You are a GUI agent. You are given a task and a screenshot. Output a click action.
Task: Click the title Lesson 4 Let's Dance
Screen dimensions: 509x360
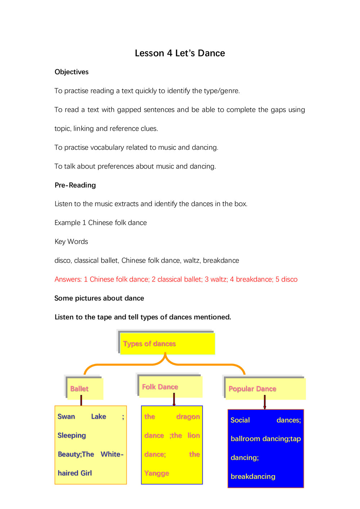click(x=180, y=53)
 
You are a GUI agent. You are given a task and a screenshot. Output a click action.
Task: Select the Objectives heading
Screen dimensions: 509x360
click(x=71, y=72)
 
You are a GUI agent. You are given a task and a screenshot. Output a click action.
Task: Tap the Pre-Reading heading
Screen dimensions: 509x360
click(x=75, y=185)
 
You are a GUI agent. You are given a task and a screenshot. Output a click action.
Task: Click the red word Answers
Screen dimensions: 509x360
click(x=68, y=279)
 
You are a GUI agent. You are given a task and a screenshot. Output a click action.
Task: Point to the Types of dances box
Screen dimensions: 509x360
click(x=167, y=344)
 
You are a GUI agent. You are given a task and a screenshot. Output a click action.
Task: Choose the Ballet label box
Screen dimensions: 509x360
click(x=85, y=389)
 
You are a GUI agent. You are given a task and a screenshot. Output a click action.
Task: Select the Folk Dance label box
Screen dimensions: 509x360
click(x=170, y=387)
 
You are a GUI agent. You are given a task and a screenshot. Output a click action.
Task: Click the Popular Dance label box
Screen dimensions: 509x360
click(x=265, y=389)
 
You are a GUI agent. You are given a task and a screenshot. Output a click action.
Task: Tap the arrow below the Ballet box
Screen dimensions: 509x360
click(x=81, y=400)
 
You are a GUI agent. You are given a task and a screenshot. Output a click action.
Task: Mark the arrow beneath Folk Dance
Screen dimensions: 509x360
click(x=174, y=400)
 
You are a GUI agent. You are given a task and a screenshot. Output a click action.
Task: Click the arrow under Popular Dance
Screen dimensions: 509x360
click(x=265, y=402)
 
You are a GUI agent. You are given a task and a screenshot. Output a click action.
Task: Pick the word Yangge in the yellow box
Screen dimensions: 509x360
click(x=157, y=473)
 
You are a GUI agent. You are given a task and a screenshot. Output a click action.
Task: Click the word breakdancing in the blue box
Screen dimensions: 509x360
click(x=253, y=477)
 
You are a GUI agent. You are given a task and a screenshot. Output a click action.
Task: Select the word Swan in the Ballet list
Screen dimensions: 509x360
click(x=66, y=416)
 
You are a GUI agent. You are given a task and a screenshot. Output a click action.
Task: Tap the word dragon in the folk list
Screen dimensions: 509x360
click(x=188, y=416)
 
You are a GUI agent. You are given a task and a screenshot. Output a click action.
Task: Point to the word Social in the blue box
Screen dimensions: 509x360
click(x=240, y=420)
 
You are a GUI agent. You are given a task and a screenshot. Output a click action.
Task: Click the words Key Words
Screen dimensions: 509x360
click(x=71, y=242)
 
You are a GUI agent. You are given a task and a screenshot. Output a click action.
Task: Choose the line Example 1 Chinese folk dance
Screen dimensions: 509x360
click(x=100, y=223)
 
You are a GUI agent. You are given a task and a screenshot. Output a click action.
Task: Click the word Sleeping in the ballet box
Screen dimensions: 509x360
click(x=72, y=436)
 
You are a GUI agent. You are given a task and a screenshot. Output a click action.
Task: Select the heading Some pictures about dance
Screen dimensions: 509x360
click(x=99, y=298)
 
